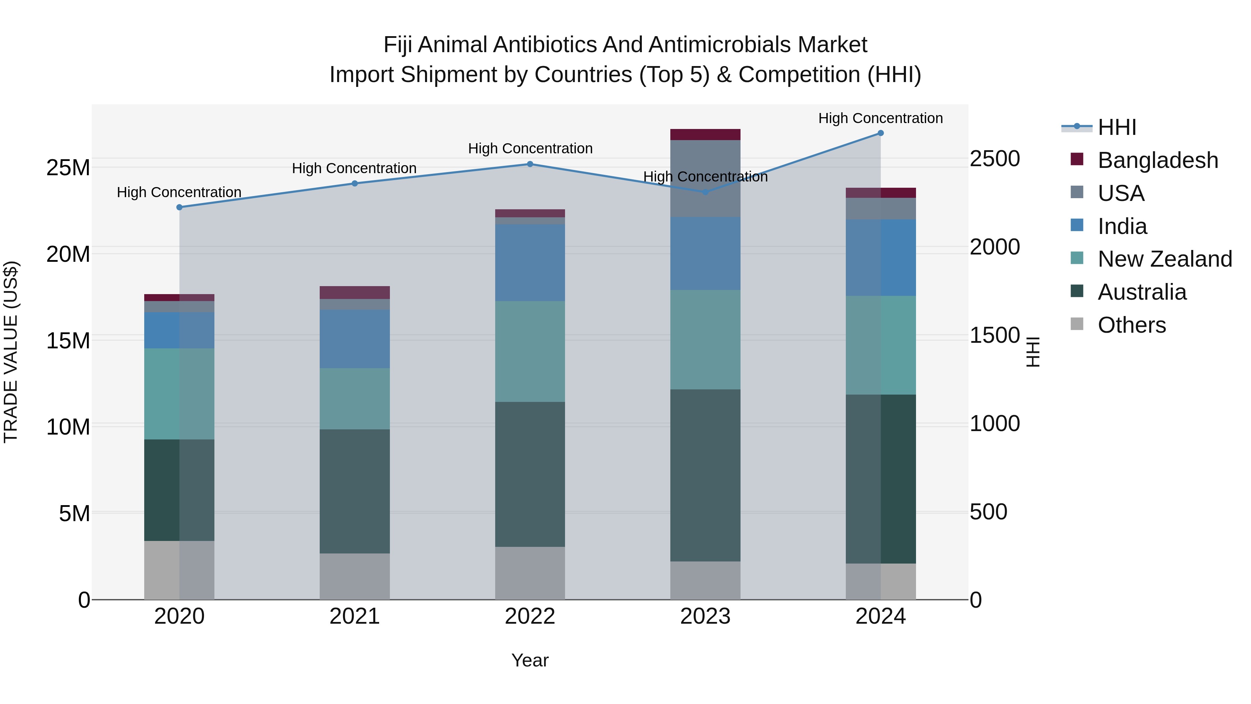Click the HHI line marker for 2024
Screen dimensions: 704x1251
point(881,133)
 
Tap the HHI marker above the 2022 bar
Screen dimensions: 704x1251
point(530,164)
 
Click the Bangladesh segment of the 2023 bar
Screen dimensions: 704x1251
point(705,135)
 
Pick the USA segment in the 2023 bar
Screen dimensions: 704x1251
point(705,178)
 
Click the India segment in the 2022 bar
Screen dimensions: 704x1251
point(530,262)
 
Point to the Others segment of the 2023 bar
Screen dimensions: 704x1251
point(705,580)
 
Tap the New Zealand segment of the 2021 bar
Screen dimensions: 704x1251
point(354,398)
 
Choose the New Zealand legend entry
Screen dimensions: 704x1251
point(1164,259)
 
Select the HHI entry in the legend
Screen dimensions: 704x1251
point(1117,127)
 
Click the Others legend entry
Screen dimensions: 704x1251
point(1131,325)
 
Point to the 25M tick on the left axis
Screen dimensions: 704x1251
point(68,168)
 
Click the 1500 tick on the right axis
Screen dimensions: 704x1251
point(994,335)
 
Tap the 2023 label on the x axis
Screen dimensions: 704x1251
point(705,616)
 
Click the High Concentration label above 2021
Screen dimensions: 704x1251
point(354,169)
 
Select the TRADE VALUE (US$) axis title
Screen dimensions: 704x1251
point(11,352)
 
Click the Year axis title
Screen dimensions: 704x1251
point(530,660)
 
